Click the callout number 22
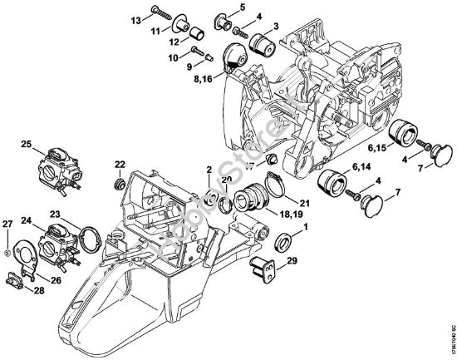click(x=120, y=163)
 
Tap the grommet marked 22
click(x=120, y=180)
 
